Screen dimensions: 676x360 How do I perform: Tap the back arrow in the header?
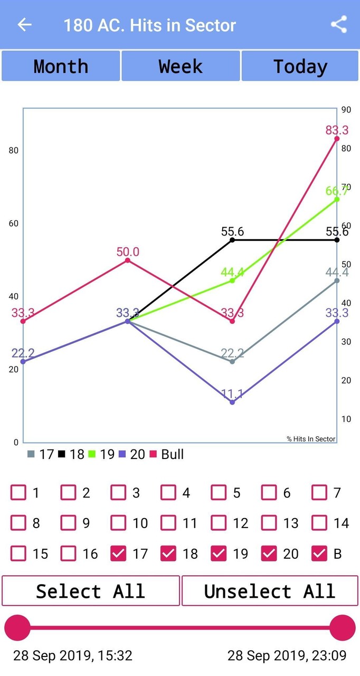click(x=24, y=25)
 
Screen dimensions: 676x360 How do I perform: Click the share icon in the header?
click(x=339, y=25)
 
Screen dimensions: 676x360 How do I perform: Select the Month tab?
click(x=61, y=67)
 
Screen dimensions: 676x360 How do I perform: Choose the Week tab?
click(x=181, y=67)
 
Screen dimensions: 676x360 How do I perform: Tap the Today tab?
click(x=300, y=67)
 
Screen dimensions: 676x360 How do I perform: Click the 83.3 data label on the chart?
click(x=337, y=130)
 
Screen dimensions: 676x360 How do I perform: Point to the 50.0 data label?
click(x=128, y=252)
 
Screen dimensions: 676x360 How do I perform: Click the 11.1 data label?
click(x=232, y=394)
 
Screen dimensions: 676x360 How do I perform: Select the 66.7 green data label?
click(x=337, y=191)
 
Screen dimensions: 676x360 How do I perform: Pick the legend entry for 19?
click(x=101, y=454)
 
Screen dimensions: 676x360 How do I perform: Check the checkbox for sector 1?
click(x=18, y=493)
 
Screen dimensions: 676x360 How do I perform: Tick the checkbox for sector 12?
click(x=219, y=523)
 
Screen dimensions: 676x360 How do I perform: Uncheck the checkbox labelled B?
click(x=319, y=553)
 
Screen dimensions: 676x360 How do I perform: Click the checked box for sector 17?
click(x=118, y=553)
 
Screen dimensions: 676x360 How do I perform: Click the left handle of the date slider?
click(x=17, y=628)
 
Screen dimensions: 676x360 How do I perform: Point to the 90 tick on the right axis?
click(x=346, y=110)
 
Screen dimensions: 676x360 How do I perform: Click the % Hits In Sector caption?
click(x=311, y=439)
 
